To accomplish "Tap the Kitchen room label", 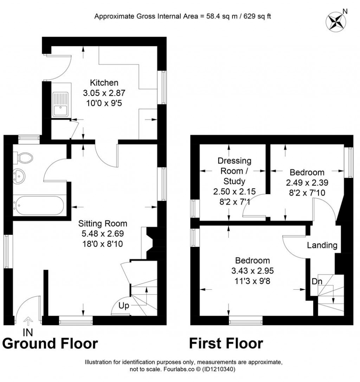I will pyautogui.click(x=104, y=83).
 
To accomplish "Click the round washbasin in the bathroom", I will pyautogui.click(x=18, y=176).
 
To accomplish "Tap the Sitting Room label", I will pyautogui.click(x=103, y=224).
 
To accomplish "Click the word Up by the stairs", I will pyautogui.click(x=123, y=305).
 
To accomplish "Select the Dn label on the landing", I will pyautogui.click(x=316, y=281).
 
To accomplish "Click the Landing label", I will pyautogui.click(x=322, y=245).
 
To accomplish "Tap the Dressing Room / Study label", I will pyautogui.click(x=234, y=171).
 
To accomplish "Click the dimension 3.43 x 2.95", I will pyautogui.click(x=253, y=271).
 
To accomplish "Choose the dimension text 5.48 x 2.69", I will pyautogui.click(x=103, y=233).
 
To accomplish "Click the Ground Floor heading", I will pyautogui.click(x=50, y=343).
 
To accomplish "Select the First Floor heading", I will pyautogui.click(x=226, y=343).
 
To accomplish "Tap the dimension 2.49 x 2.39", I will pyautogui.click(x=307, y=183).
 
